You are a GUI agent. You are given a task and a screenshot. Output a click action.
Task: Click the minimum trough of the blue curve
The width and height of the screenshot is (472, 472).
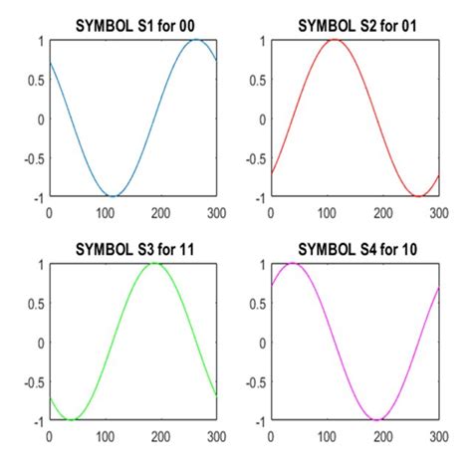pyautogui.click(x=115, y=196)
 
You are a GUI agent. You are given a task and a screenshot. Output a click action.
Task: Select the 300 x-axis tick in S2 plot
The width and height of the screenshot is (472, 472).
pyautogui.click(x=439, y=211)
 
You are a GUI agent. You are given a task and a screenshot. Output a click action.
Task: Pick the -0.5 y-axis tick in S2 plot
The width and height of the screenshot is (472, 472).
pyautogui.click(x=254, y=158)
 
